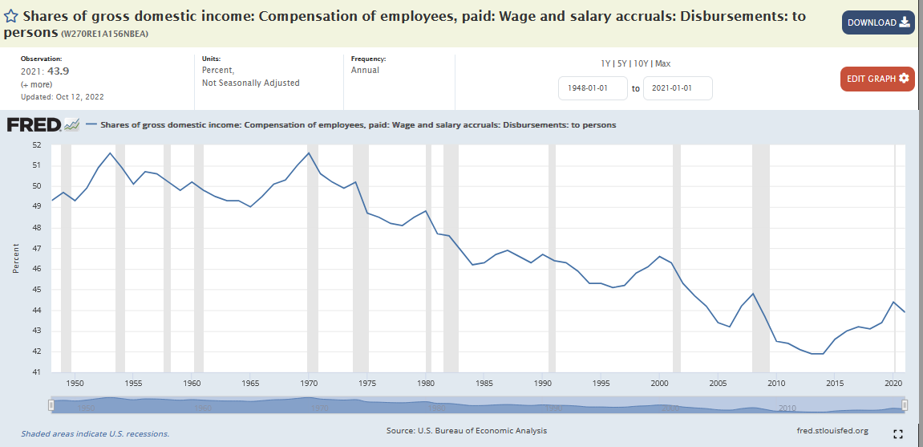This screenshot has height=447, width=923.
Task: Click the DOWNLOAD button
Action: click(878, 22)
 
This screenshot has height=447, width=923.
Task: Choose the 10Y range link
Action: click(642, 63)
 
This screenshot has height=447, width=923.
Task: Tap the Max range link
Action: click(662, 63)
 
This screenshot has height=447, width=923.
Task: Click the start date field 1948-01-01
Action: click(593, 88)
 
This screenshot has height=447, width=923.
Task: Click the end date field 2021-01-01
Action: click(678, 88)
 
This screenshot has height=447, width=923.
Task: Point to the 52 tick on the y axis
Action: click(36, 145)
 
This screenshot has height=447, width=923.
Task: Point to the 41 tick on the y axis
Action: click(36, 372)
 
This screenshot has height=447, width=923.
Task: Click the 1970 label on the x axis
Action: click(309, 384)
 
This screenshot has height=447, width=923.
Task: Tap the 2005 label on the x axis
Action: click(718, 384)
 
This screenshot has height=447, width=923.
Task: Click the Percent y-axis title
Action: click(16, 258)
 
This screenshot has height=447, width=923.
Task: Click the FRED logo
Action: click(34, 124)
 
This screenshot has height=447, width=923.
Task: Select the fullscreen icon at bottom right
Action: click(898, 433)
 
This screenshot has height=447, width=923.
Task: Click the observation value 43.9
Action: click(59, 71)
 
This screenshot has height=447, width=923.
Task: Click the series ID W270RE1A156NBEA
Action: click(105, 34)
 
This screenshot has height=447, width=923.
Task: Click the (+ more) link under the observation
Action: click(38, 84)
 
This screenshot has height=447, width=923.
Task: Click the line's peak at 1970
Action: click(309, 153)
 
